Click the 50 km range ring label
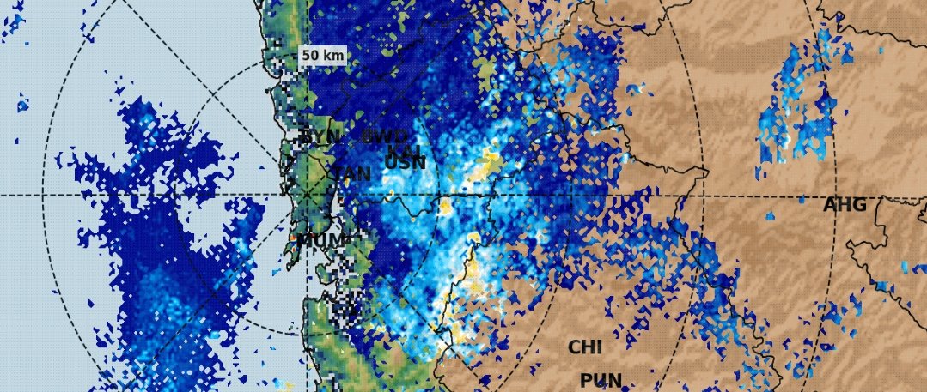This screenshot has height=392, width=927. pyautogui.click(x=323, y=56)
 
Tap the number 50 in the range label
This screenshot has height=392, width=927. pyautogui.click(x=311, y=56)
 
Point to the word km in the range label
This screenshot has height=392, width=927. pyautogui.click(x=334, y=56)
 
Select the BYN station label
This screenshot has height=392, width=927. pyautogui.click(x=320, y=138)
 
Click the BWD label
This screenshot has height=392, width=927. pyautogui.click(x=384, y=137)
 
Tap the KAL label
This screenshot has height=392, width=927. pyautogui.click(x=404, y=150)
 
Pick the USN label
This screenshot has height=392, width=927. pyautogui.click(x=405, y=163)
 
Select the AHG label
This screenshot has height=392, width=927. pyautogui.click(x=845, y=206)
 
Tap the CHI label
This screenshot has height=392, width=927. pyautogui.click(x=585, y=347)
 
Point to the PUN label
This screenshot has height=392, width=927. pyautogui.click(x=601, y=380)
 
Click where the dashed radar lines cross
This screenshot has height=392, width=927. pyautogui.click(x=307, y=196)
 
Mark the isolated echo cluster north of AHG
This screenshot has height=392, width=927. pyautogui.click(x=799, y=112)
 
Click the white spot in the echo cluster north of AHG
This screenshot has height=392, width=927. pyautogui.click(x=784, y=137)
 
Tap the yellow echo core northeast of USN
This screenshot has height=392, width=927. pyautogui.click(x=491, y=160)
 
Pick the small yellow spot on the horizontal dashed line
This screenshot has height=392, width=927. pyautogui.click(x=445, y=206)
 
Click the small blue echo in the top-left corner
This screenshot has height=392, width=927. pyautogui.click(x=15, y=26)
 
